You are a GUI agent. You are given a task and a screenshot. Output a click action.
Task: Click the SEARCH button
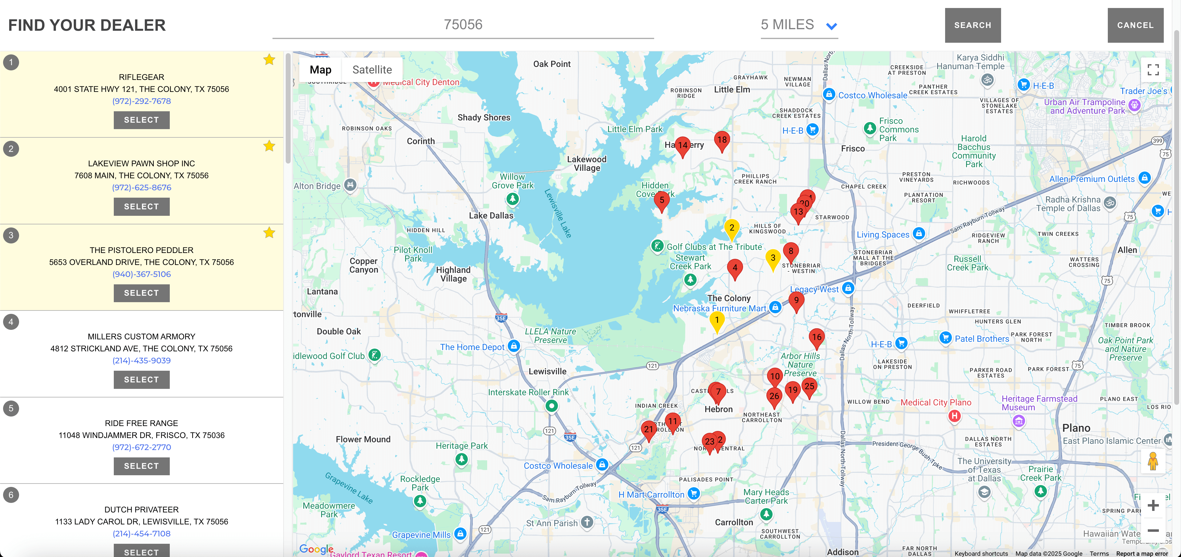[972, 25]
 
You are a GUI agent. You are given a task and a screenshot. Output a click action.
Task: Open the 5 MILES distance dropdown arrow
[831, 26]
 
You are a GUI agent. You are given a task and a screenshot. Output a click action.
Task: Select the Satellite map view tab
[372, 69]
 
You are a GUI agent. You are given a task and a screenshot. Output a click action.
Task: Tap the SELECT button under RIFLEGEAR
[141, 120]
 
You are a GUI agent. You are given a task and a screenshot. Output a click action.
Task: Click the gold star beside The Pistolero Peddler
[269, 233]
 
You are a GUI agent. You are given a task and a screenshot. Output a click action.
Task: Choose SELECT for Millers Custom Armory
[141, 379]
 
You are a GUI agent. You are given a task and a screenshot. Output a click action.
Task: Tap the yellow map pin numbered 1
[717, 321]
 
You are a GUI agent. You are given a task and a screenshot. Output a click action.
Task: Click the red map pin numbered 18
[722, 140]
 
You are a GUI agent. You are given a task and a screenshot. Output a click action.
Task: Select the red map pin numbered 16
[817, 338]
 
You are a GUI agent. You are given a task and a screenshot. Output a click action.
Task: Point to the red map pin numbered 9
[796, 301]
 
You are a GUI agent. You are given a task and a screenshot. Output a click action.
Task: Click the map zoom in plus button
[1153, 505]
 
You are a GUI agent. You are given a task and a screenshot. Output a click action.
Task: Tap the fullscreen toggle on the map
[1153, 69]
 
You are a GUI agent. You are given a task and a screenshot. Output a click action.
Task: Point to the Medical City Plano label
[935, 402]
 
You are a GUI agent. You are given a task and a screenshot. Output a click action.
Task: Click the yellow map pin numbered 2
[732, 228]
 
